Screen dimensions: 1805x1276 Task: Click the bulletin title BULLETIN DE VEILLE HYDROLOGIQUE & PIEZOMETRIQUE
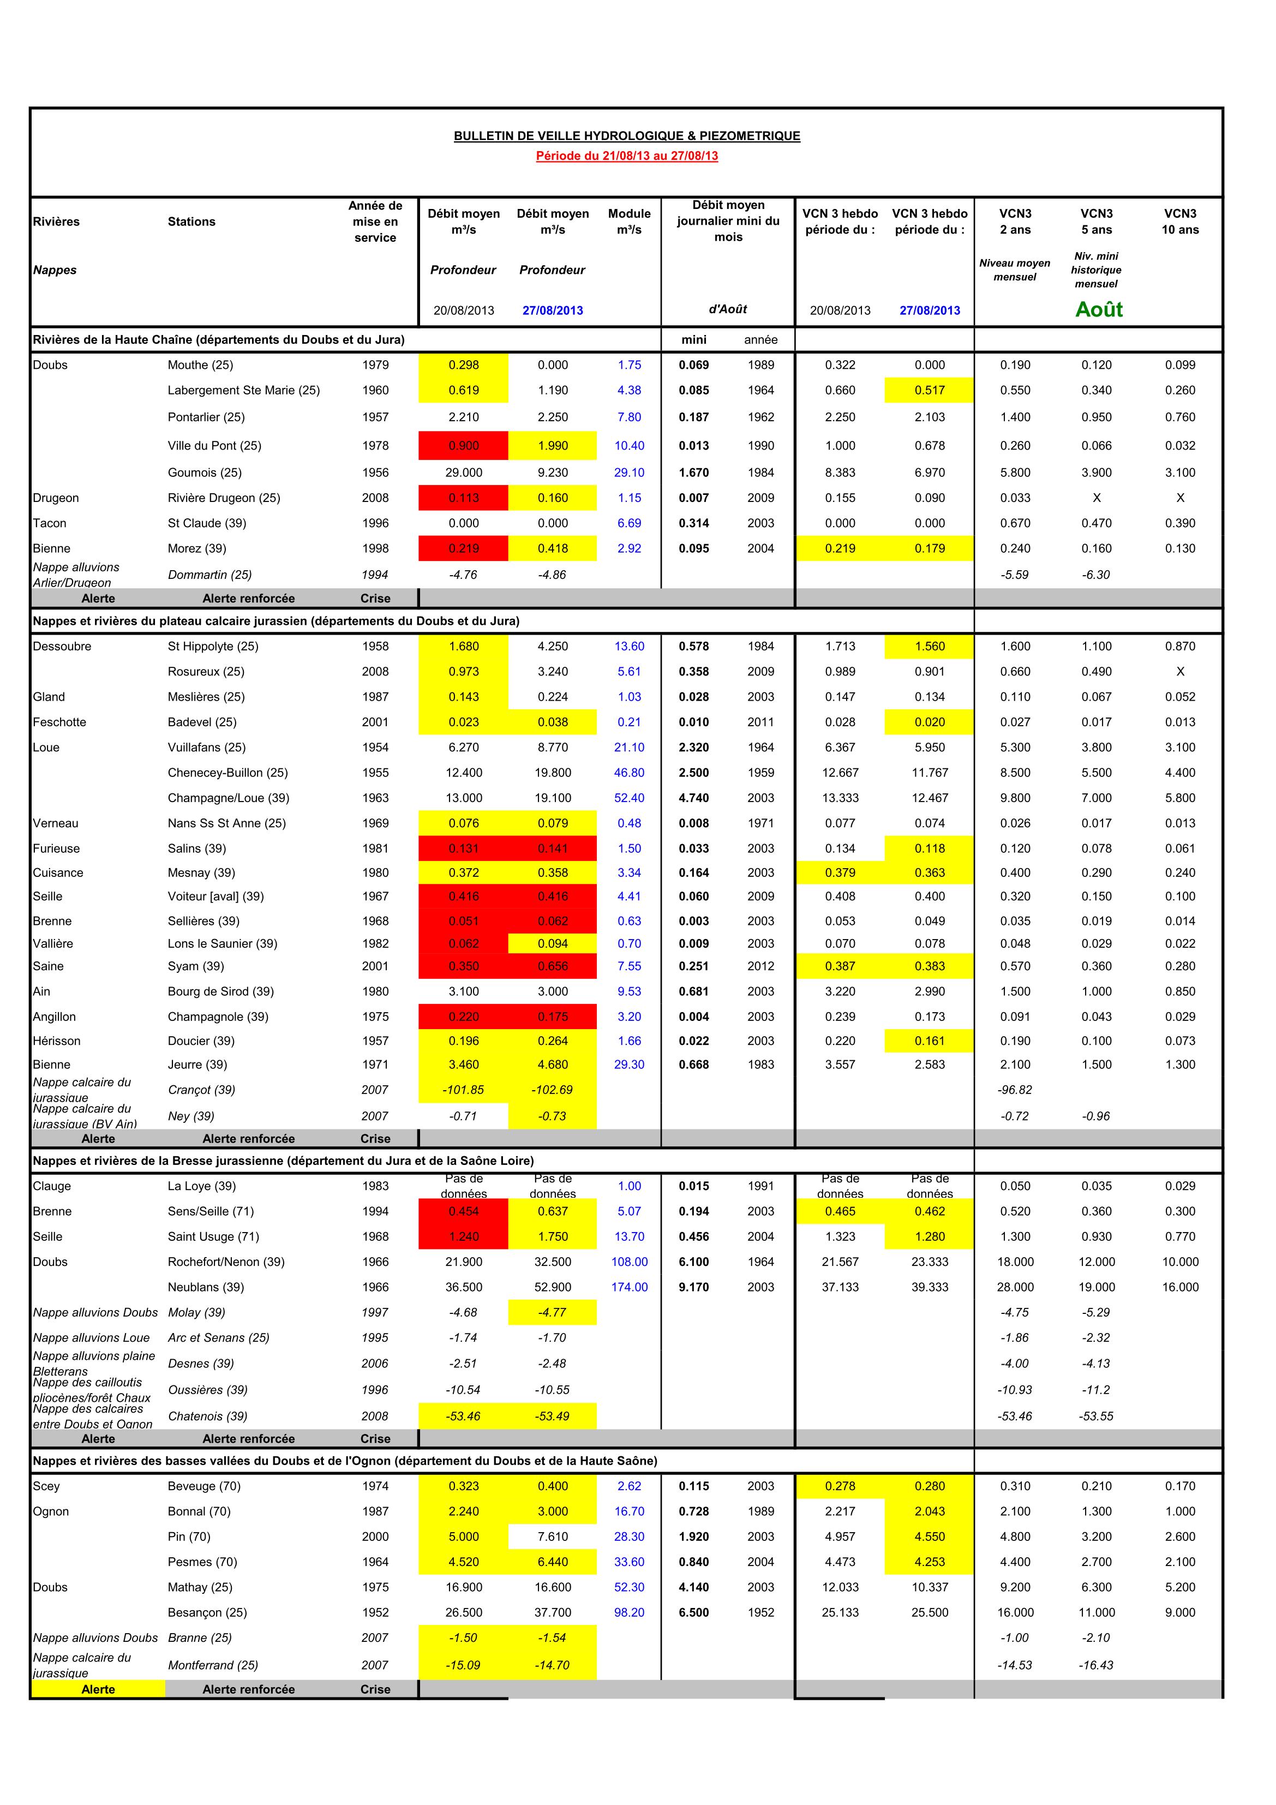point(627,136)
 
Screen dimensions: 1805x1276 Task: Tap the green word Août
point(1098,310)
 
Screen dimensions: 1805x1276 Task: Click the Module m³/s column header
point(629,222)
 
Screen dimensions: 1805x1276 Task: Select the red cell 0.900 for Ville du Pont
point(463,446)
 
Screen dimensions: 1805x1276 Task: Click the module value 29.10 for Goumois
point(629,473)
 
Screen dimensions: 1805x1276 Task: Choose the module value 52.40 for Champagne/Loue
point(629,798)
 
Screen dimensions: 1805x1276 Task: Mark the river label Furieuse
point(57,848)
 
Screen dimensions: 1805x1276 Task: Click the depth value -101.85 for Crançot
point(463,1090)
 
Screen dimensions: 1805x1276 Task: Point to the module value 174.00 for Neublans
point(629,1287)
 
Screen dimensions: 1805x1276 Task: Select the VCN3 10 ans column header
point(1180,222)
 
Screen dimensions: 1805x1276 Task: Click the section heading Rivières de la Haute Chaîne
point(219,339)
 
